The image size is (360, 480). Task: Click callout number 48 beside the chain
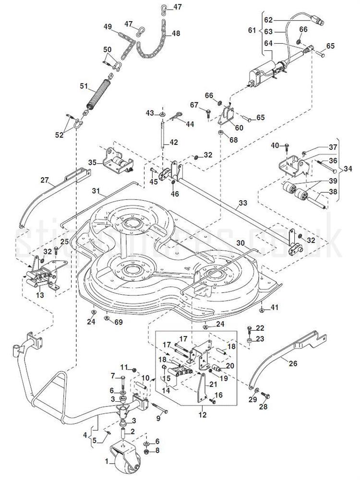tap(176, 34)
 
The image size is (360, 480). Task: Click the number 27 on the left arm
tap(45, 180)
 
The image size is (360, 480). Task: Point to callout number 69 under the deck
tap(118, 322)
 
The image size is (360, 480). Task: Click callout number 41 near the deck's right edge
tap(275, 307)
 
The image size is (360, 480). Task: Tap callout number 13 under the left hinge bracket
tap(39, 295)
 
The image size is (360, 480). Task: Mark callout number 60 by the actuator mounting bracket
tap(239, 127)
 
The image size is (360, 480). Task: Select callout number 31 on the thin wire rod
tap(96, 191)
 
